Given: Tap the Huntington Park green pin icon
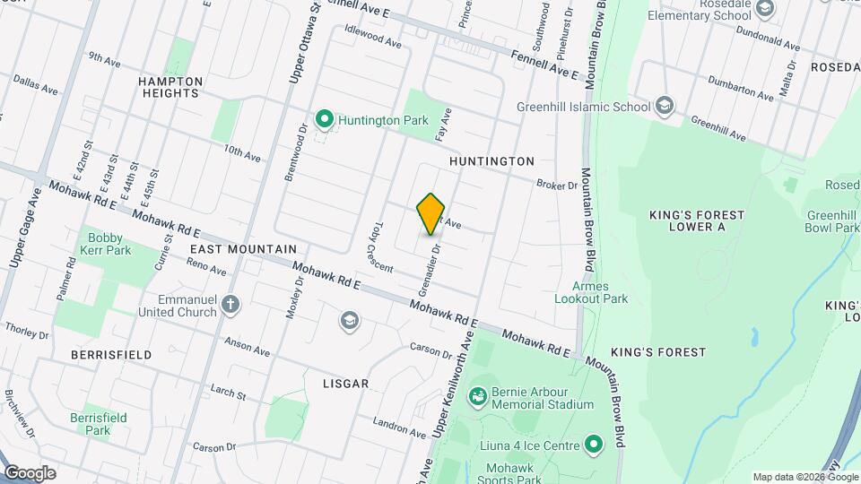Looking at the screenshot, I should (x=324, y=118).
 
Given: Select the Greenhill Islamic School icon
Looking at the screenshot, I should (x=664, y=107).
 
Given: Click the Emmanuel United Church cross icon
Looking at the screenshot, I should (x=231, y=305).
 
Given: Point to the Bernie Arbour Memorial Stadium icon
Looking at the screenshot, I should (x=478, y=395).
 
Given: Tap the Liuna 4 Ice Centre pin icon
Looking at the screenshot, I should (x=592, y=444).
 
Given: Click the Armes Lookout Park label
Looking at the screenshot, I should (x=590, y=292).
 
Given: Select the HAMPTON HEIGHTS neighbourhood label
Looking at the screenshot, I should (x=169, y=87).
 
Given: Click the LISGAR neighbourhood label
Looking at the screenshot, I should (x=345, y=384).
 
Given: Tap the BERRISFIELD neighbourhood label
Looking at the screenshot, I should (x=112, y=355).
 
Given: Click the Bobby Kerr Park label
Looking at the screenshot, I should (x=109, y=244).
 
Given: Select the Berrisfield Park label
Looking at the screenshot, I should (x=99, y=424).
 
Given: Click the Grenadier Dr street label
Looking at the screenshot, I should (x=429, y=270).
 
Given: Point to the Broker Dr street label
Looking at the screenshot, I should (x=557, y=186).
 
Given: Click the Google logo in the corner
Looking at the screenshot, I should (x=29, y=472).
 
